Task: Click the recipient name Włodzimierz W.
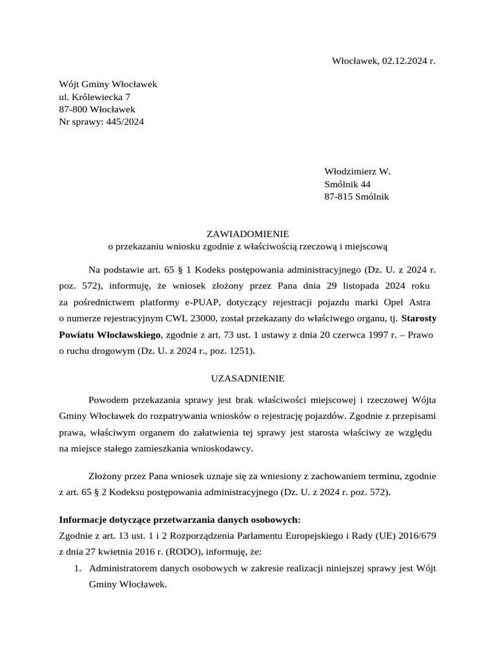pyautogui.click(x=357, y=172)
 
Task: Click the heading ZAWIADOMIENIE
pyautogui.click(x=247, y=234)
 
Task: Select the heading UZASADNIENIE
pyautogui.click(x=247, y=378)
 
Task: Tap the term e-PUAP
pyautogui.click(x=203, y=302)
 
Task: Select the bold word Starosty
pyautogui.click(x=418, y=318)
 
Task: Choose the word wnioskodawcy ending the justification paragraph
pyautogui.click(x=221, y=448)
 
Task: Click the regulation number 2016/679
pyautogui.click(x=418, y=536)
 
